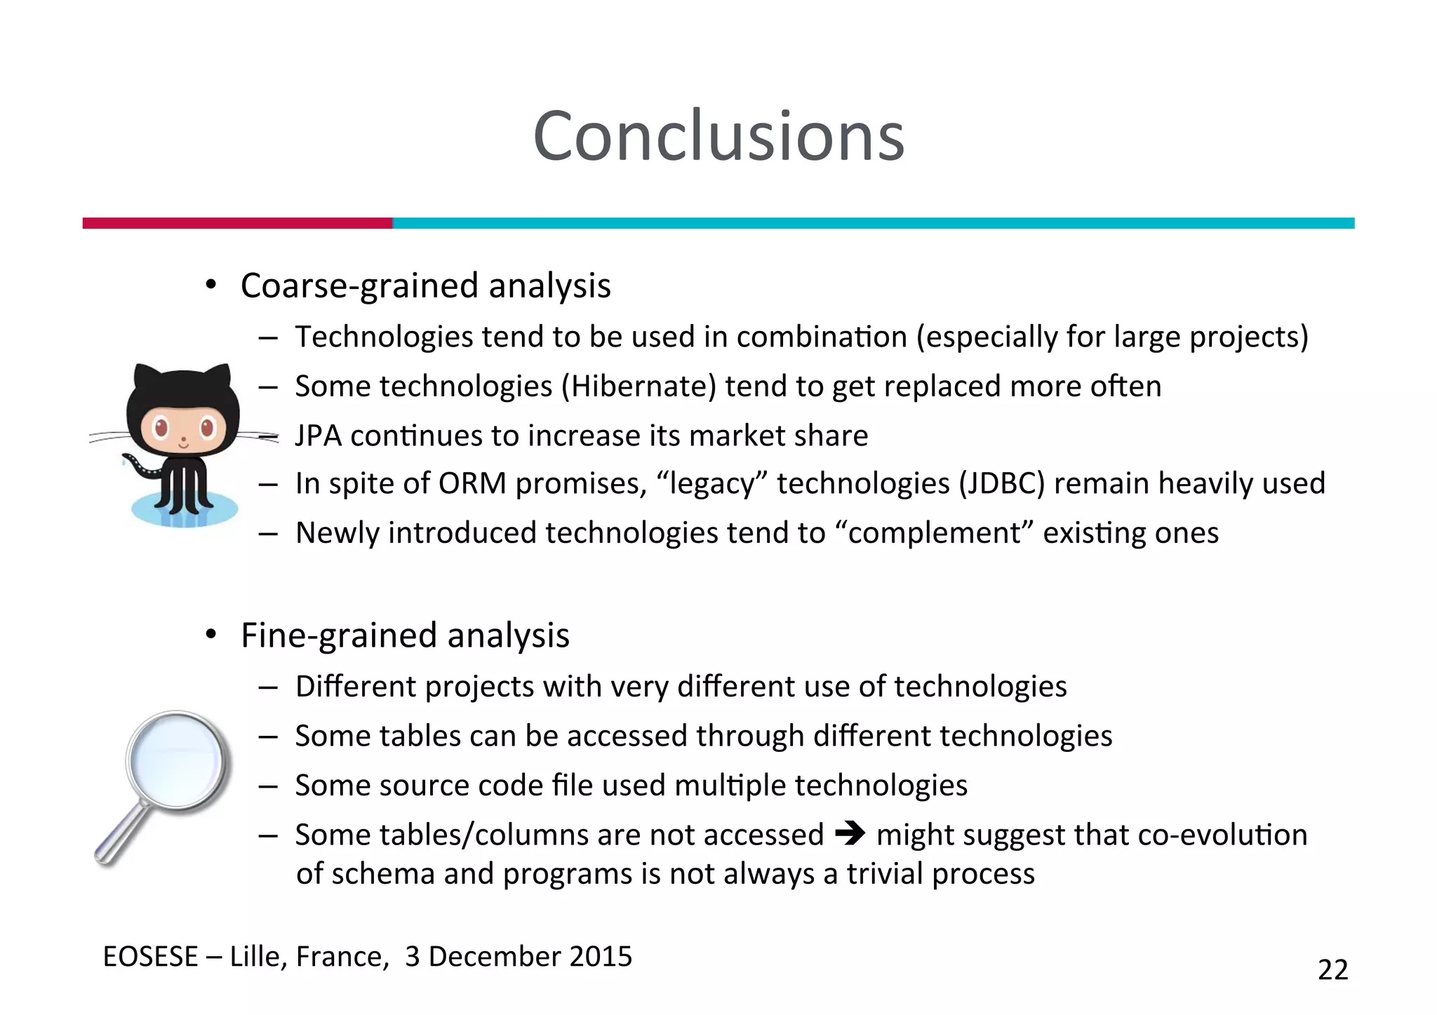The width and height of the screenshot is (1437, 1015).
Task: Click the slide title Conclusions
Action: click(x=718, y=136)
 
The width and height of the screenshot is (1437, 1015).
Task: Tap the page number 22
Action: click(x=1332, y=969)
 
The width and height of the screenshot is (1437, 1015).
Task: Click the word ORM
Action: click(x=472, y=484)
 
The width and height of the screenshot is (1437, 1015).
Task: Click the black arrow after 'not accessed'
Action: click(x=850, y=834)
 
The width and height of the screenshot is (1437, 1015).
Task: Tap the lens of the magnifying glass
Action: click(x=178, y=762)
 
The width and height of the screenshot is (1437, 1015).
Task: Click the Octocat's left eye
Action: click(x=161, y=426)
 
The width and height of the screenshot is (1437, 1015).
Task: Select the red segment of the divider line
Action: click(x=237, y=223)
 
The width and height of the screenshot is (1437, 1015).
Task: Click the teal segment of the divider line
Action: click(x=873, y=223)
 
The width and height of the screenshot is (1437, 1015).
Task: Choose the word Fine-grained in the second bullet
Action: click(x=340, y=636)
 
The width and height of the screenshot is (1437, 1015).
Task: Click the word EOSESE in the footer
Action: click(x=150, y=957)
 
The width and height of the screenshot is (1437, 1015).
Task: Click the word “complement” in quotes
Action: click(x=934, y=533)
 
